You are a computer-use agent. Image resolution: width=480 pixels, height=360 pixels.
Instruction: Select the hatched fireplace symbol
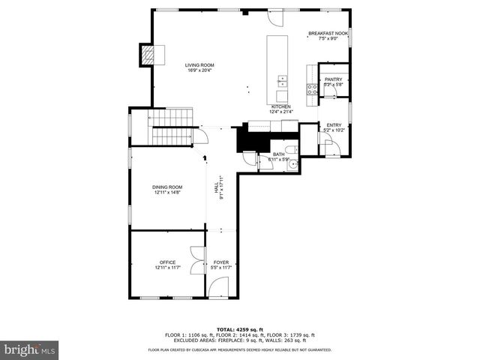point(151,54)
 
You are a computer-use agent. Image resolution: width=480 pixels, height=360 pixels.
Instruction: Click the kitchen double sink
point(282,80)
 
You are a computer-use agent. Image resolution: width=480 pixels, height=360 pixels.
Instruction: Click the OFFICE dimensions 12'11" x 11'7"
point(167,268)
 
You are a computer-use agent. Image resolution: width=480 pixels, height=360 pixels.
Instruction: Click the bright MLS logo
point(30,349)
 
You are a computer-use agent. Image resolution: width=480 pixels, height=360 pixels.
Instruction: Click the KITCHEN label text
point(280,107)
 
